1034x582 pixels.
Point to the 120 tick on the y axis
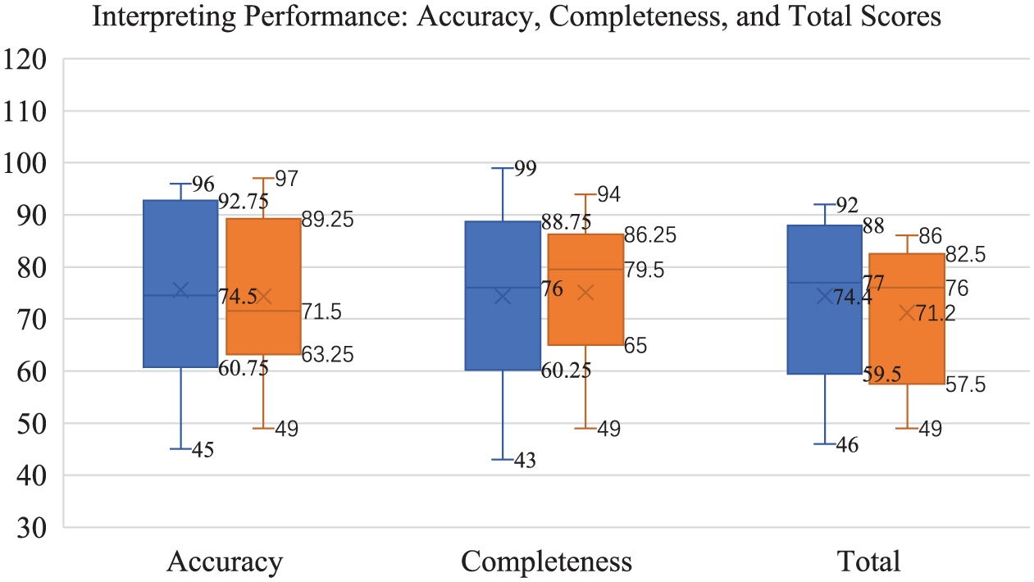click(x=25, y=60)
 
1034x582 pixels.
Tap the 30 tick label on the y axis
click(x=32, y=528)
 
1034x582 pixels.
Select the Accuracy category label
click(x=225, y=562)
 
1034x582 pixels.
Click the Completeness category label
click(x=547, y=562)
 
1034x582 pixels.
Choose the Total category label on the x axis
click(x=868, y=562)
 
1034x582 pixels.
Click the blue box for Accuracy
click(x=180, y=284)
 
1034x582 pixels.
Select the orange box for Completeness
click(x=585, y=289)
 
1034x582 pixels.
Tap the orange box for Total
click(x=907, y=319)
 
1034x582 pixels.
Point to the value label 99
click(x=526, y=169)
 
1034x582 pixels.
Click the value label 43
click(x=525, y=461)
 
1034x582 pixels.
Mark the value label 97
click(x=287, y=179)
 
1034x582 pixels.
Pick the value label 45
click(x=203, y=450)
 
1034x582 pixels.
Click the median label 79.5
click(x=644, y=270)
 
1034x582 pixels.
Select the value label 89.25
click(x=327, y=220)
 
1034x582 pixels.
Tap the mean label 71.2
click(x=936, y=313)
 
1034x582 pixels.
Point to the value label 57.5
click(x=966, y=384)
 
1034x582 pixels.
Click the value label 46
click(x=847, y=445)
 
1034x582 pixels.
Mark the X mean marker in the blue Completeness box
click(x=503, y=296)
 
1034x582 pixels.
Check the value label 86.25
click(x=650, y=235)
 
